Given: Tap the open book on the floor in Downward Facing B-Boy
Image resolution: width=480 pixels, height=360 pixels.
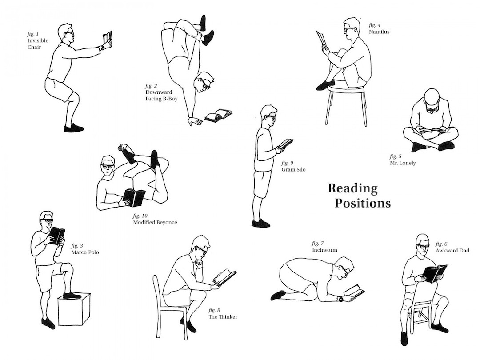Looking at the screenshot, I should coord(218,116).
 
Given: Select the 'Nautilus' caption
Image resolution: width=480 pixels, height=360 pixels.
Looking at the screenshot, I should coord(379,32).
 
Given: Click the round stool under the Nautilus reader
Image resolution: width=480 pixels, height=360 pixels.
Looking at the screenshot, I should coord(346,90).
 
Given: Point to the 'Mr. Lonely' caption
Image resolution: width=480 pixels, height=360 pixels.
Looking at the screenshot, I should coord(402,163).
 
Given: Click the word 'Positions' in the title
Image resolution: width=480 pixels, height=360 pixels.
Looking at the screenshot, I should coord(362,203).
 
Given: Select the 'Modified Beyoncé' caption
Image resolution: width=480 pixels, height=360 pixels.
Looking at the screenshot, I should coord(155,222).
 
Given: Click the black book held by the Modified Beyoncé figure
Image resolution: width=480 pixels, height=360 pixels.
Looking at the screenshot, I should coord(134,197).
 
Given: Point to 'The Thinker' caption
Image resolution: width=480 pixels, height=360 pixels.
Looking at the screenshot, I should coord(223,316).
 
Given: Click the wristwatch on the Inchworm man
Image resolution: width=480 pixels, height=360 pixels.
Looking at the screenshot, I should coord(341,299).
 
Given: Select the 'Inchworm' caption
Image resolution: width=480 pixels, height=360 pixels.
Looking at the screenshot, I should coord(324,250).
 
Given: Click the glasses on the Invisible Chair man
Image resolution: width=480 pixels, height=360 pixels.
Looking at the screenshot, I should coord(69,33).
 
